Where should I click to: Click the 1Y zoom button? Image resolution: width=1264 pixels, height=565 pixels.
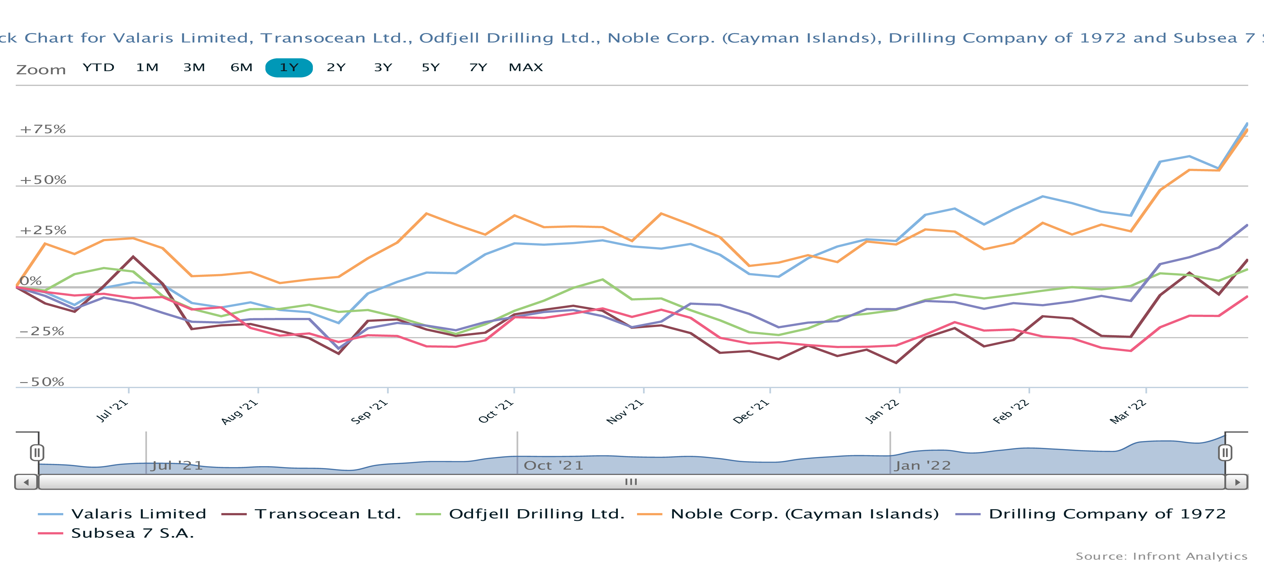(x=289, y=68)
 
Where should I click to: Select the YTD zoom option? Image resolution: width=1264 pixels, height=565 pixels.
(x=98, y=68)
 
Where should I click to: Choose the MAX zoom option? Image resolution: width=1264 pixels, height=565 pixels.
(x=526, y=68)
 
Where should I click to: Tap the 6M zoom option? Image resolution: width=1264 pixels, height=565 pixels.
(x=241, y=68)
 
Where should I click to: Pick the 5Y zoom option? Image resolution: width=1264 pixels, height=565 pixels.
(x=430, y=68)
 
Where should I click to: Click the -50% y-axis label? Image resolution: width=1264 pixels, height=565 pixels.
(x=42, y=382)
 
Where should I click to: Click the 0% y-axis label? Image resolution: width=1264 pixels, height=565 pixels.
(x=31, y=281)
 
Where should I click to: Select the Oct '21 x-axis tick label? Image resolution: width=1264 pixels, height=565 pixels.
(x=496, y=411)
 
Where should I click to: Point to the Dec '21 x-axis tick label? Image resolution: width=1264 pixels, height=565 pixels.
(x=751, y=411)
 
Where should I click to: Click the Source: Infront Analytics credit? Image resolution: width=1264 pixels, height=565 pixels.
(x=1161, y=556)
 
